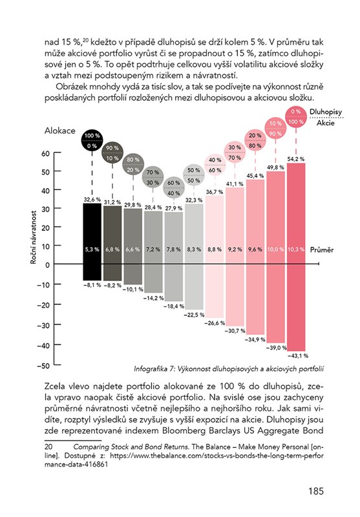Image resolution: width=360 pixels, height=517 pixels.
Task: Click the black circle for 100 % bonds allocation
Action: tap(92, 140)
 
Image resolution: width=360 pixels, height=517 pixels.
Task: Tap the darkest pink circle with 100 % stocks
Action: tap(296, 116)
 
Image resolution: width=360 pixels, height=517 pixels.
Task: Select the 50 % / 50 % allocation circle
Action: tap(194, 175)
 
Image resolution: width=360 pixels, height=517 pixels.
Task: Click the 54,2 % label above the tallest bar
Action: tap(296, 159)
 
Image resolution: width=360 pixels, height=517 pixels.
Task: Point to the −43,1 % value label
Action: tap(298, 356)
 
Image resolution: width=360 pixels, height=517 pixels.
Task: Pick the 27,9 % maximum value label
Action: tap(174, 208)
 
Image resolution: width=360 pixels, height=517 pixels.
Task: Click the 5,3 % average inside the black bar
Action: tap(92, 249)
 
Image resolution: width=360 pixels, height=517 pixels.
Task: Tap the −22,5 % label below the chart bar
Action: tap(194, 315)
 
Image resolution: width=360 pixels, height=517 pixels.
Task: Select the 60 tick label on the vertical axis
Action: tap(45, 154)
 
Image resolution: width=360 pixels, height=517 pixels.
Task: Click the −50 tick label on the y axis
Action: tap(43, 366)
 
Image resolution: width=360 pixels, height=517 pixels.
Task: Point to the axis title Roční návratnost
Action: tap(34, 237)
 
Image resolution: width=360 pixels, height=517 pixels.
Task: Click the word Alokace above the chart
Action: tap(59, 131)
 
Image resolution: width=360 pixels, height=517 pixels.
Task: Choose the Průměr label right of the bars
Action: tap(322, 249)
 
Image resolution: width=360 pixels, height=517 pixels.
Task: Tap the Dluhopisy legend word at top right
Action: tap(326, 112)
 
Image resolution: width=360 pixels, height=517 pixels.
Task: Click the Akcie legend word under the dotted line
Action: tap(326, 123)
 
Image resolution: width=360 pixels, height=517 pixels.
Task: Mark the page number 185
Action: tap(316, 491)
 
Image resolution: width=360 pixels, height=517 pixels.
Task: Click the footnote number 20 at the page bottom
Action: tap(48, 447)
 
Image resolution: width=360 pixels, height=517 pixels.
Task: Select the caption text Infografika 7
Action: tap(154, 369)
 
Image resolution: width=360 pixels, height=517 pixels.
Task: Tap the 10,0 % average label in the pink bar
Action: tap(275, 249)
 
